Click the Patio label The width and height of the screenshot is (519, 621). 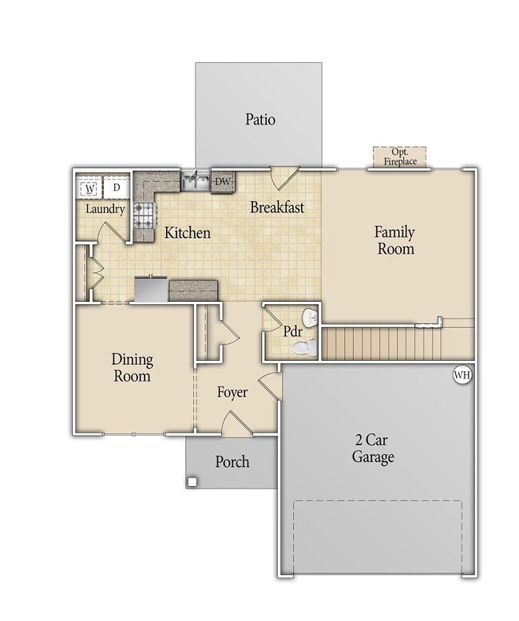tap(259, 119)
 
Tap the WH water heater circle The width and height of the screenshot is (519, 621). tap(462, 374)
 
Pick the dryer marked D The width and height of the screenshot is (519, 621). tap(117, 188)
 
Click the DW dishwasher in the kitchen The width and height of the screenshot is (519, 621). tap(223, 182)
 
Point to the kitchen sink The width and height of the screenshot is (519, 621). tap(196, 182)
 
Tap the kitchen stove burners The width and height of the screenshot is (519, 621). tap(143, 216)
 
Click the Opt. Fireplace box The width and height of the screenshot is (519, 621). tap(400, 157)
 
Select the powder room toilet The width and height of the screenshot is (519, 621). tap(304, 347)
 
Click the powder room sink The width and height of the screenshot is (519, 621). tap(311, 317)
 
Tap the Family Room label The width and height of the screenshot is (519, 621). tap(395, 240)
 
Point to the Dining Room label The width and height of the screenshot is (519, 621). tap(133, 367)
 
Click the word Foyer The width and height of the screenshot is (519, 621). tap(232, 392)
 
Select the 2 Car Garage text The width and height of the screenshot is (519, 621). tap(373, 449)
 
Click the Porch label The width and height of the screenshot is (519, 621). tap(232, 462)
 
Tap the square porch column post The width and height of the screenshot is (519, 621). tap(192, 482)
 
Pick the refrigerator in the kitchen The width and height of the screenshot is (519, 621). tap(152, 290)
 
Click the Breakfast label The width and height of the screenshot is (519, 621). tap(277, 207)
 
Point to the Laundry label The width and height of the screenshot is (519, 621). tap(105, 209)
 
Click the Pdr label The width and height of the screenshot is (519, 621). tap(293, 331)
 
